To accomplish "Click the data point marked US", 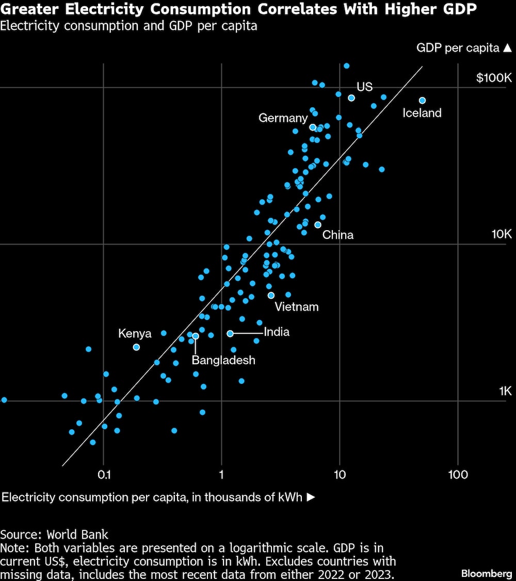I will point(351,98).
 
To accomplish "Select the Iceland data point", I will point(422,101).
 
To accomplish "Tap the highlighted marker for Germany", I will point(312,127).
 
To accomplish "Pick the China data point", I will point(318,224).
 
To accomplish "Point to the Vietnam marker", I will point(271,295).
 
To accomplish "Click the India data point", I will point(230,333).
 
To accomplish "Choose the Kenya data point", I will point(136,347).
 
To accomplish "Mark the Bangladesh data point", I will point(195,336).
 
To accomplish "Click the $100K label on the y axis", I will point(494,78).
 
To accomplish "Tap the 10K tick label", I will point(501,234).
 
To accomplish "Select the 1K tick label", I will point(505,391).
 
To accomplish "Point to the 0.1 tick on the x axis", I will point(104,474).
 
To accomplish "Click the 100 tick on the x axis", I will point(458,474).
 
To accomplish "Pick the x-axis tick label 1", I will point(221,474).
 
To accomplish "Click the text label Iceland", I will point(422,113).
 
